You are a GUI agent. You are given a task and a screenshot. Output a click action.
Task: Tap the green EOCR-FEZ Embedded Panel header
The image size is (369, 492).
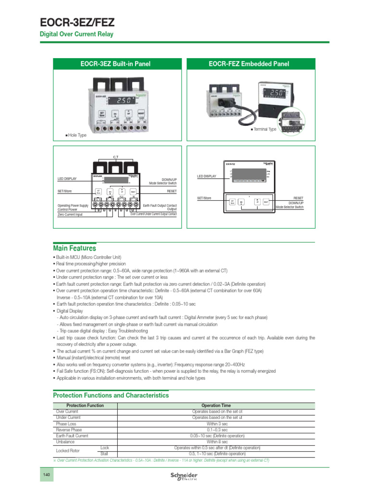point(249,64)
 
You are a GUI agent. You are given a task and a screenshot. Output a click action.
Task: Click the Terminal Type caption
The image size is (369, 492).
point(264,129)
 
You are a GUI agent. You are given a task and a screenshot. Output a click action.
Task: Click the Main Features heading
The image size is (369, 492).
point(74,248)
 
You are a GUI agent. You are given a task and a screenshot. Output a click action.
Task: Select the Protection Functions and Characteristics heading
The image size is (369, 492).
point(111,395)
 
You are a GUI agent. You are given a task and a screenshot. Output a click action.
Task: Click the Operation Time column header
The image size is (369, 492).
point(216,406)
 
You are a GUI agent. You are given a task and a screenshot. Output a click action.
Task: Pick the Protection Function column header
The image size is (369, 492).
point(85,406)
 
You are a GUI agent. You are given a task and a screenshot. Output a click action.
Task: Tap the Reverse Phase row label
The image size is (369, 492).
point(69,430)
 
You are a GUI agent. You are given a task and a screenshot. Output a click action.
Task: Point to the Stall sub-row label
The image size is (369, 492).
point(104,454)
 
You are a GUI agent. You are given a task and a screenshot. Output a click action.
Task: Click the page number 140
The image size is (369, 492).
point(47,475)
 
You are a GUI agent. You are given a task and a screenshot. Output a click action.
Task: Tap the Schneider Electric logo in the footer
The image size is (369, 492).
point(184,476)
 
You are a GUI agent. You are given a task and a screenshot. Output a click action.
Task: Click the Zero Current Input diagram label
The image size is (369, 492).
point(70,214)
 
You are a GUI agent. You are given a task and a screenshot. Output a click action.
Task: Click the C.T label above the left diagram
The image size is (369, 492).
point(115,157)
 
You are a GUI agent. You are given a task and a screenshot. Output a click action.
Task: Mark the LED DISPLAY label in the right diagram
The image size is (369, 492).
point(207,176)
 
